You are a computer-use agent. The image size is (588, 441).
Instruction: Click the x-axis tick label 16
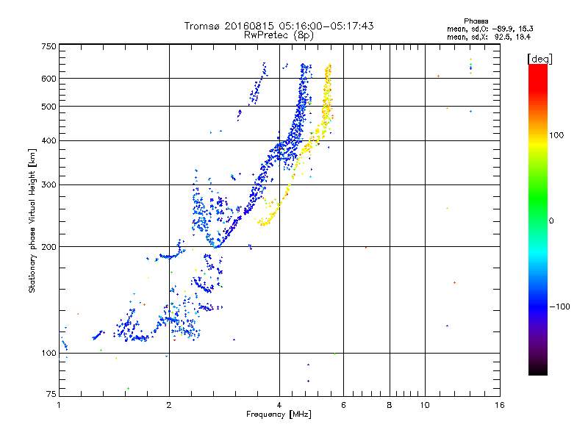tap(498, 405)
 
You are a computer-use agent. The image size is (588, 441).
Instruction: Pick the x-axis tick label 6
tap(343, 405)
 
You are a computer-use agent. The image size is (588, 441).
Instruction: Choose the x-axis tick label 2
tap(169, 405)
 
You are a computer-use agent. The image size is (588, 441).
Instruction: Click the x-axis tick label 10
tap(424, 405)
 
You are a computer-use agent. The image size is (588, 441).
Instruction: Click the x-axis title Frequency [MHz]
tap(279, 415)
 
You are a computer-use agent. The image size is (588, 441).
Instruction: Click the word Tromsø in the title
tap(202, 26)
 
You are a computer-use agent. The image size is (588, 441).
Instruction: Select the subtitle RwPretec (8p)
tap(279, 35)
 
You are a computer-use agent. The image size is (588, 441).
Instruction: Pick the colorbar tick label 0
tap(553, 220)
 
